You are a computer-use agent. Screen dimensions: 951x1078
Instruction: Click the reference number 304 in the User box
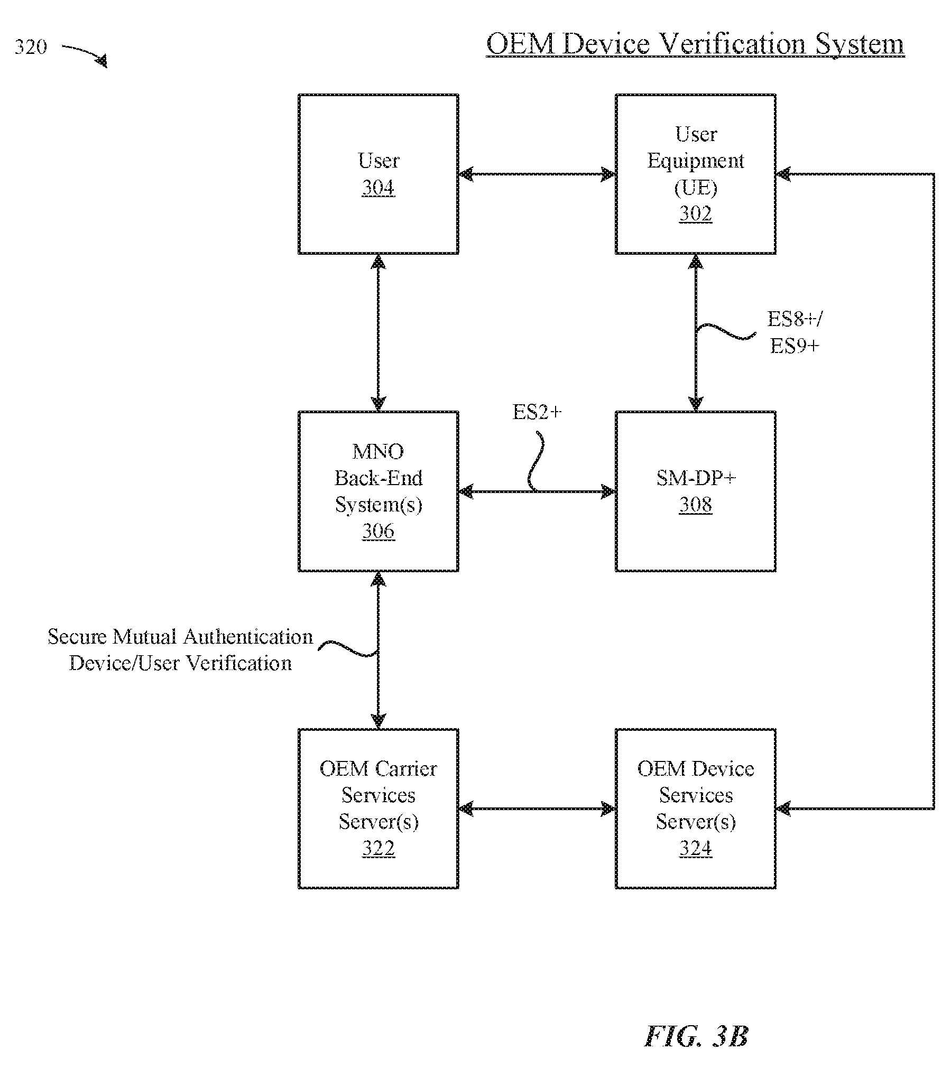click(x=378, y=188)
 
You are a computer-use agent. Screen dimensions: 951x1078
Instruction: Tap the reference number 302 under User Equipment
click(x=695, y=213)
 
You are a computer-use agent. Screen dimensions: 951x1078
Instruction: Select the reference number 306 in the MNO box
click(x=378, y=531)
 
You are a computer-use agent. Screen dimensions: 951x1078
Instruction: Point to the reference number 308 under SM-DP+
click(x=695, y=504)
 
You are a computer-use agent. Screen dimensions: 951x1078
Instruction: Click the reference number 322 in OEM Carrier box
click(x=378, y=848)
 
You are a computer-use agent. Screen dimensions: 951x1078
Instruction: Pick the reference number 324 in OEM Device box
click(x=695, y=848)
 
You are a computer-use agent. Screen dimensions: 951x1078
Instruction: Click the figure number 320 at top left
click(x=31, y=47)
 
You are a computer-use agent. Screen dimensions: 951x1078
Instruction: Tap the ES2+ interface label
click(x=537, y=412)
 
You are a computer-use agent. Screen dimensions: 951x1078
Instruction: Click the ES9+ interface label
click(x=795, y=346)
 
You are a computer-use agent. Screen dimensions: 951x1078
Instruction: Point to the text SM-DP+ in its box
click(x=696, y=478)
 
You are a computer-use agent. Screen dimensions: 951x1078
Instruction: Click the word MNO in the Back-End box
click(x=378, y=451)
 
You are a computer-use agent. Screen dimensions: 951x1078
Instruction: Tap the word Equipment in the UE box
click(x=696, y=161)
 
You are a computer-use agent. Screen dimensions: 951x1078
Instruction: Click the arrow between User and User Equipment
click(x=537, y=174)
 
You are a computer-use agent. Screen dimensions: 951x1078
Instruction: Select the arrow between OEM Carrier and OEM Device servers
click(x=537, y=808)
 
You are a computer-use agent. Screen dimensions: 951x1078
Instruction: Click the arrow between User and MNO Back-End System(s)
click(x=378, y=333)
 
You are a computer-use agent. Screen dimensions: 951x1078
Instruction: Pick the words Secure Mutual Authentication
click(x=180, y=637)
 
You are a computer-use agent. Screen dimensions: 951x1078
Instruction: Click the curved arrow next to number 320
click(x=85, y=54)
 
